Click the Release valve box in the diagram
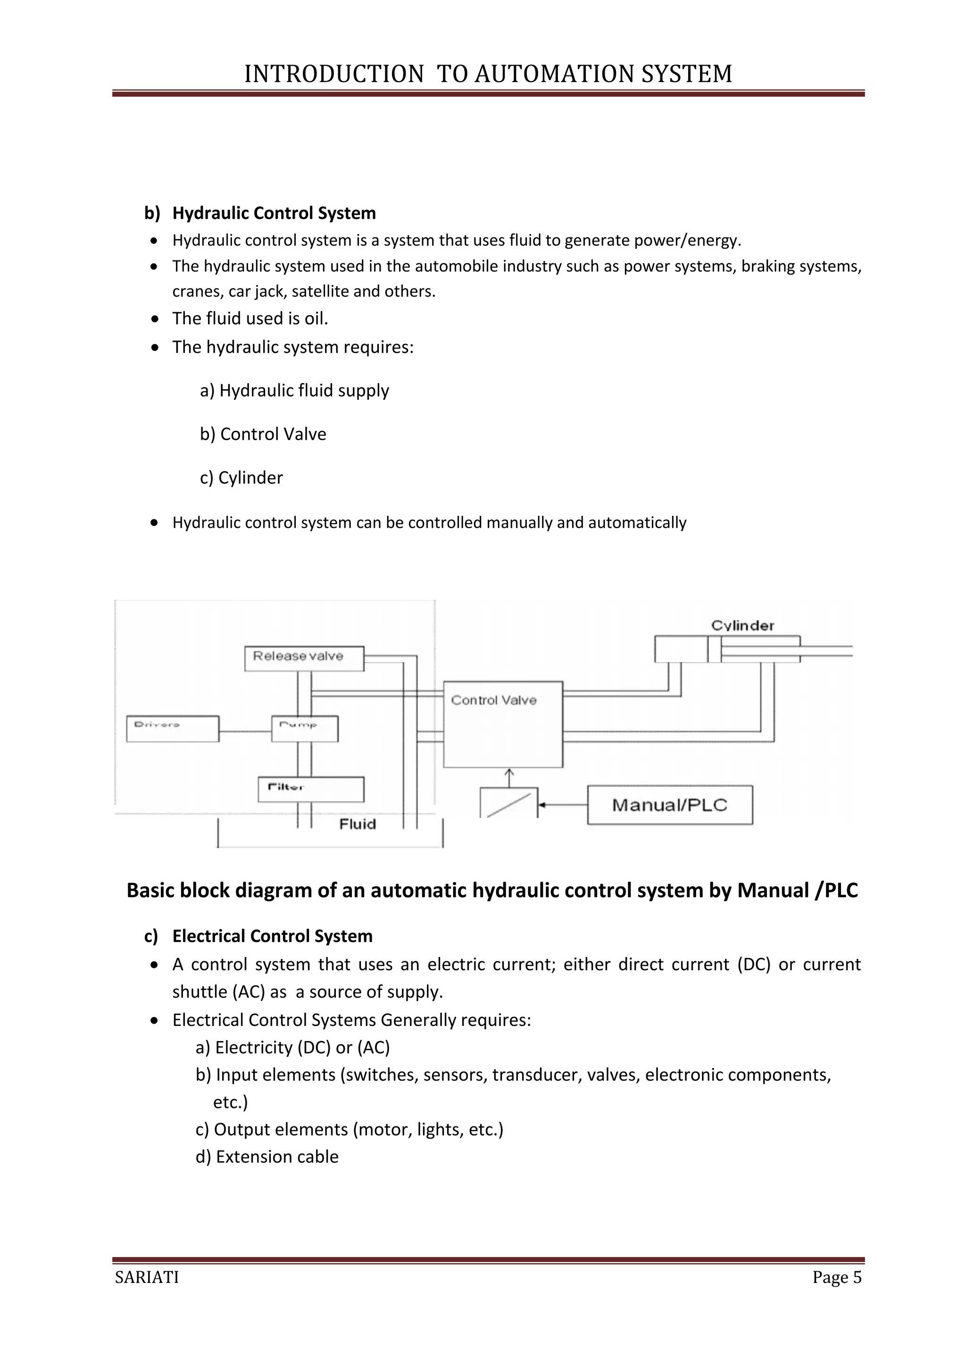304,658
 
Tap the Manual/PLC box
670,805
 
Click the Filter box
310,790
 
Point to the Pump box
305,729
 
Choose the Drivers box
173,729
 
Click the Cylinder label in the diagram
742,625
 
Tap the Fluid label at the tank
358,824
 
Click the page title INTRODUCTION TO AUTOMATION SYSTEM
488,74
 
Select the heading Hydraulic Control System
274,213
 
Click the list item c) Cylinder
241,478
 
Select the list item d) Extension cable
267,1157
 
